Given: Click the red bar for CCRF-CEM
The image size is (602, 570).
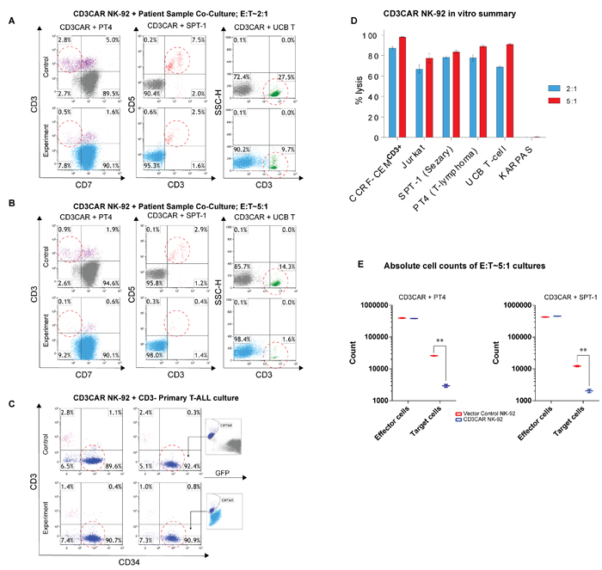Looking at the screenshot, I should pyautogui.click(x=402, y=87).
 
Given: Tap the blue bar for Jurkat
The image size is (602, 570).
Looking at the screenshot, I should pyautogui.click(x=418, y=103).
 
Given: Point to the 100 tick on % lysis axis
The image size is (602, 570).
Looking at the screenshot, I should pyautogui.click(x=374, y=36).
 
